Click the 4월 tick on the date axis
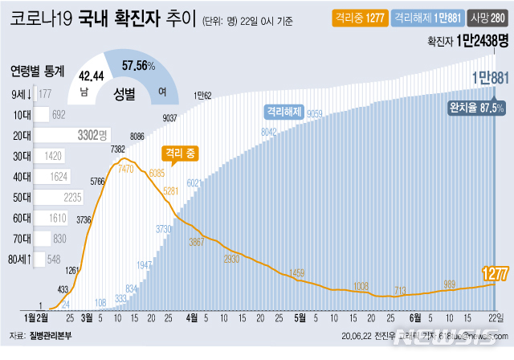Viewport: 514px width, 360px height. (x=193, y=317)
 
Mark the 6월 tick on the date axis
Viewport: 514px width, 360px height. (x=415, y=317)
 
